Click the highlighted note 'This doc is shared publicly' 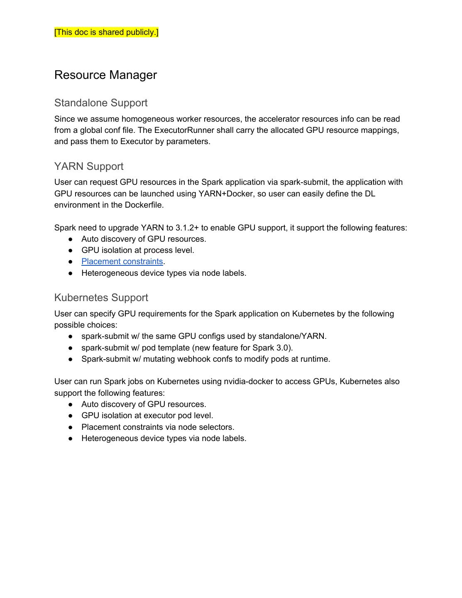[106, 32]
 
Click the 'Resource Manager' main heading [105, 75]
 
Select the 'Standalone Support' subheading [101, 103]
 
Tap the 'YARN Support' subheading [89, 167]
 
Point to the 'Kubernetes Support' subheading [101, 298]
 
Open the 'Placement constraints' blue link [122, 262]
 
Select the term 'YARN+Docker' [227, 194]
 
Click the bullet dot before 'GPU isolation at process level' [71, 250]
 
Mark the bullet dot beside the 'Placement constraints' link [71, 262]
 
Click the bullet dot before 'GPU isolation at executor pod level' [71, 416]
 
